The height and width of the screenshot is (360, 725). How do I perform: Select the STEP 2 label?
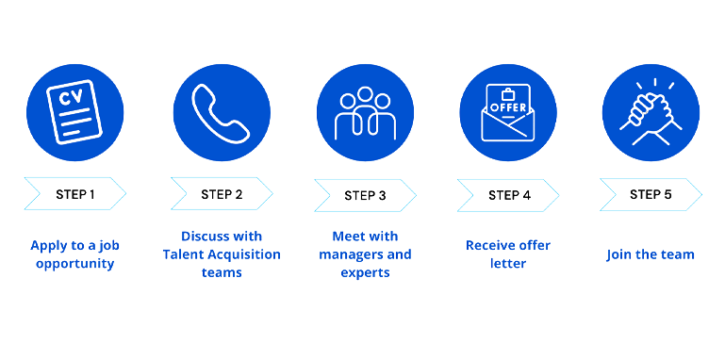(x=222, y=194)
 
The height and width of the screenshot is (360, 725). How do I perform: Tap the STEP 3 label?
(x=365, y=195)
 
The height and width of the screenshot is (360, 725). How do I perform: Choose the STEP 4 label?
(x=509, y=195)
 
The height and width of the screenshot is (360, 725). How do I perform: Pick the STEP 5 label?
(x=651, y=194)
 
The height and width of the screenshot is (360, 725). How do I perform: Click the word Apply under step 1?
(x=50, y=245)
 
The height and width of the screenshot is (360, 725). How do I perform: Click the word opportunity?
(x=74, y=263)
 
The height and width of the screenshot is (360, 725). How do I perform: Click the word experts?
(x=365, y=272)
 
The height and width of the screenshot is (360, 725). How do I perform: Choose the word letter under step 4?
(x=508, y=263)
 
